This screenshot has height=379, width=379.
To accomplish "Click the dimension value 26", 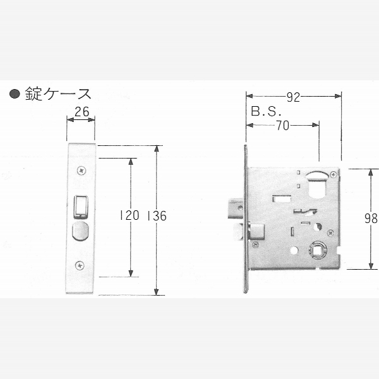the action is click(x=82, y=112).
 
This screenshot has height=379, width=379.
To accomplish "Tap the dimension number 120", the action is click(x=129, y=215).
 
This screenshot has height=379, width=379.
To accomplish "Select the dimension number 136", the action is click(x=157, y=216).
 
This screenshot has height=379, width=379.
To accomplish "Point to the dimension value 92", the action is click(x=294, y=97).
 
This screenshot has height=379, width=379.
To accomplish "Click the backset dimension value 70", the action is click(x=283, y=126).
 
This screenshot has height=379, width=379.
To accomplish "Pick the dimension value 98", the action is click(x=371, y=219).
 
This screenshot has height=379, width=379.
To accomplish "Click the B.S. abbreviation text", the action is click(x=266, y=111).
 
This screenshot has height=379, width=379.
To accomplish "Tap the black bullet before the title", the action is click(x=15, y=93).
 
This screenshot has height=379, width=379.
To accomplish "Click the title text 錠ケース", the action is click(x=58, y=93).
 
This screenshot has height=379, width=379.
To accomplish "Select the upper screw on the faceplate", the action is click(x=81, y=171).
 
